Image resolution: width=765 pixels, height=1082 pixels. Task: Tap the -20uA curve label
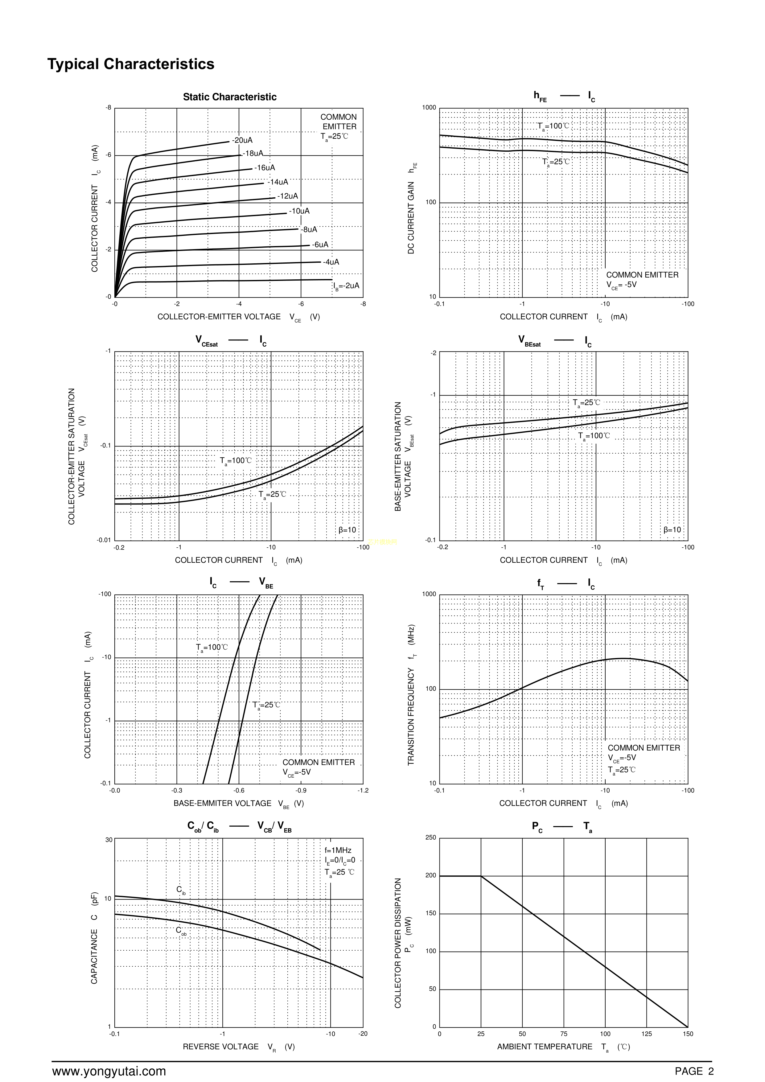242,140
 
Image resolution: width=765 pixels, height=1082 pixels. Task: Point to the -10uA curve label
299,211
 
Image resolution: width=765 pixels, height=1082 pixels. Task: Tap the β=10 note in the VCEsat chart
348,530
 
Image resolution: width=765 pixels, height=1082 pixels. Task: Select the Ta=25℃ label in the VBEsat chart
586,403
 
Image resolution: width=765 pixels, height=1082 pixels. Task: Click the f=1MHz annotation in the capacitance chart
338,851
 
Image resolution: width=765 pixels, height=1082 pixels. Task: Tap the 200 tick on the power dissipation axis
431,876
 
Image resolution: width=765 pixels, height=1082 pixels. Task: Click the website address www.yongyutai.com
109,1071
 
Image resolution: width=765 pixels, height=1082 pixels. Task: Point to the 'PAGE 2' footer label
694,1071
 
